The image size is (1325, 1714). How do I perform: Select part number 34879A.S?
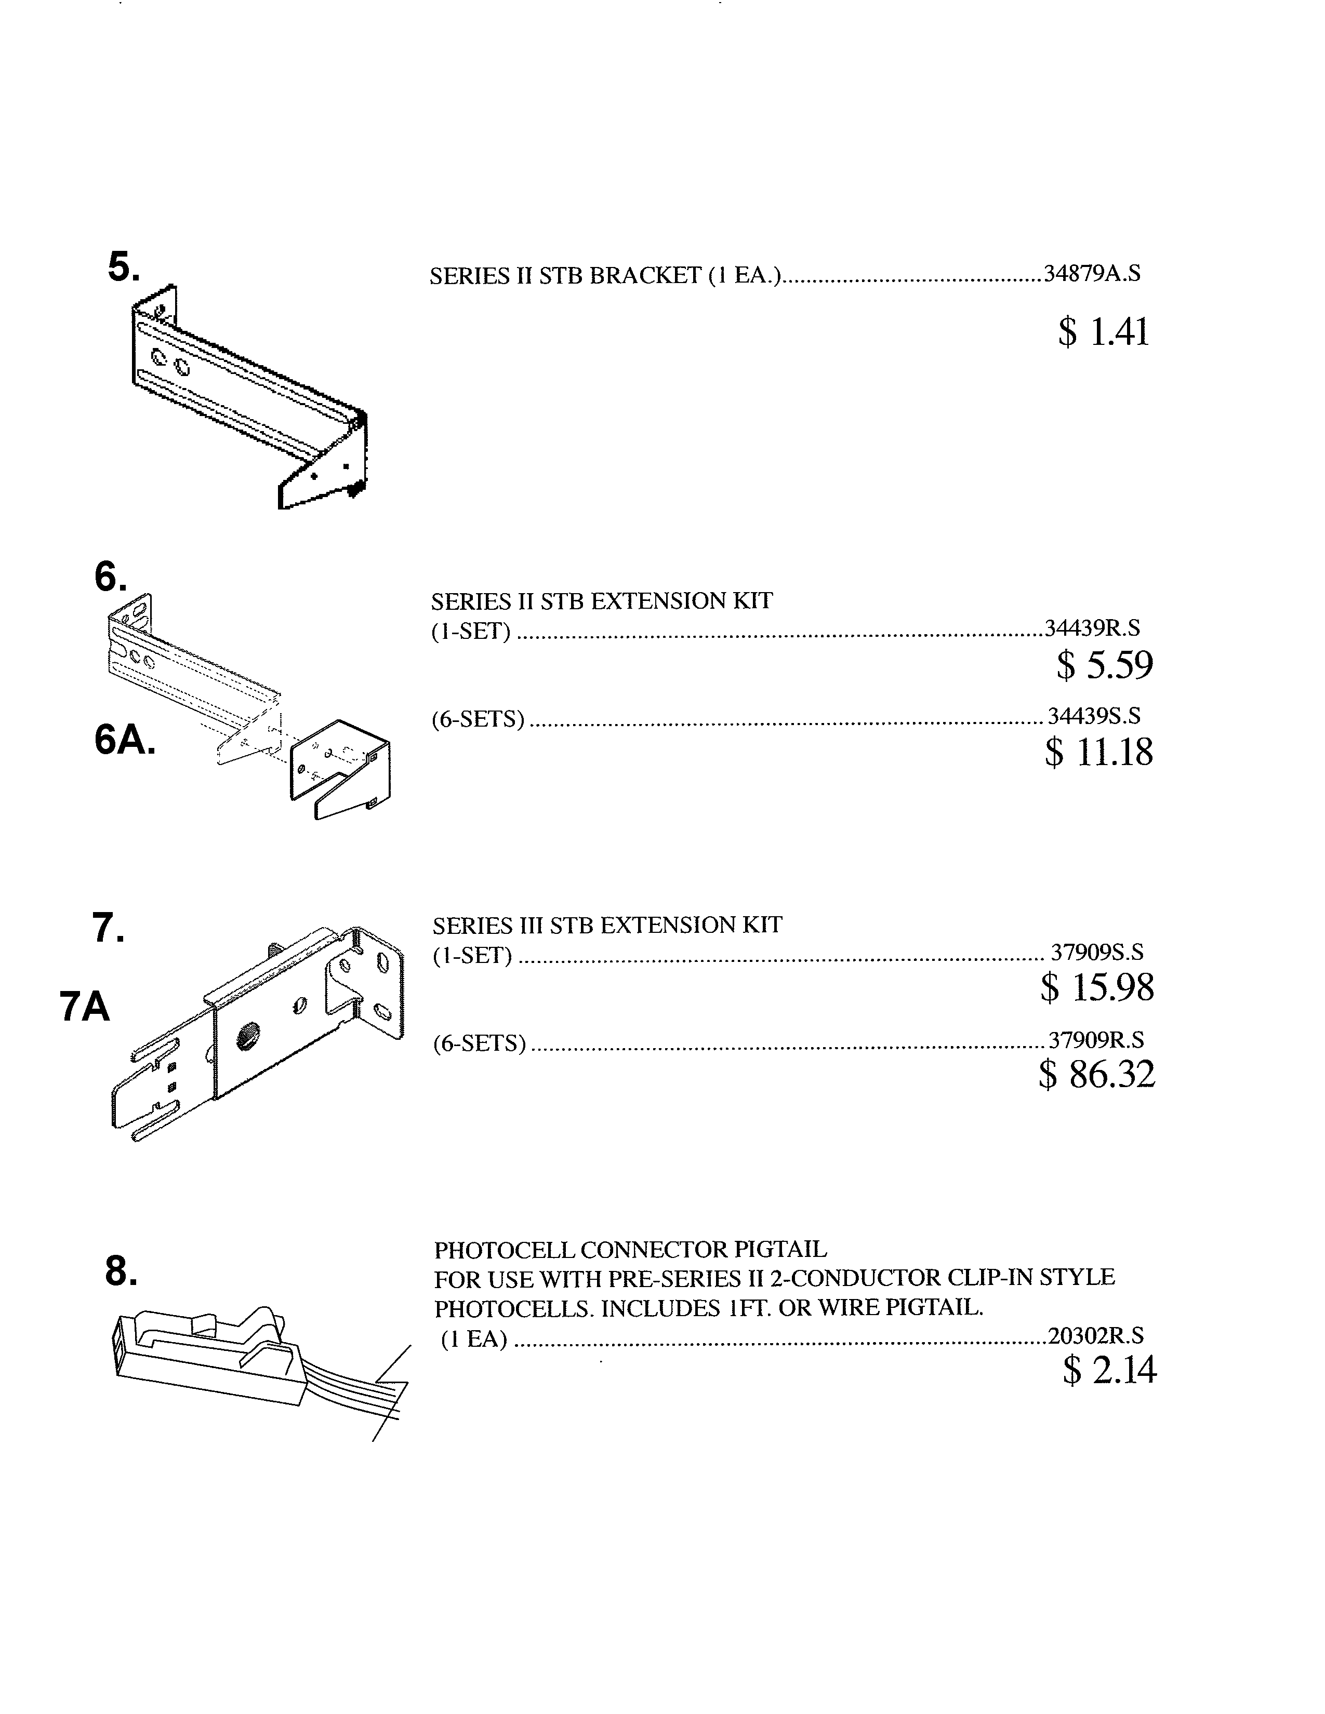pos(1092,274)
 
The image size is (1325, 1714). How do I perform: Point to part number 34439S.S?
pos(1094,716)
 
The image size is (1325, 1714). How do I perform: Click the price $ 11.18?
pos(1099,752)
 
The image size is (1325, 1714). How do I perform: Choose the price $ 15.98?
pos(1097,987)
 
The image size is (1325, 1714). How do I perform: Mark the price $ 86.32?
pos(1096,1074)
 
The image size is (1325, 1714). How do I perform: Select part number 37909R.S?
pos(1096,1040)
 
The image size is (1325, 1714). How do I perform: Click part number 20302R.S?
pos(1096,1336)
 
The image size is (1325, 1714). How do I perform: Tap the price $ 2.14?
pos(1110,1370)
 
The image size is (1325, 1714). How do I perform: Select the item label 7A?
pos(85,1007)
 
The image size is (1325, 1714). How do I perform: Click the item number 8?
pos(121,1271)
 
